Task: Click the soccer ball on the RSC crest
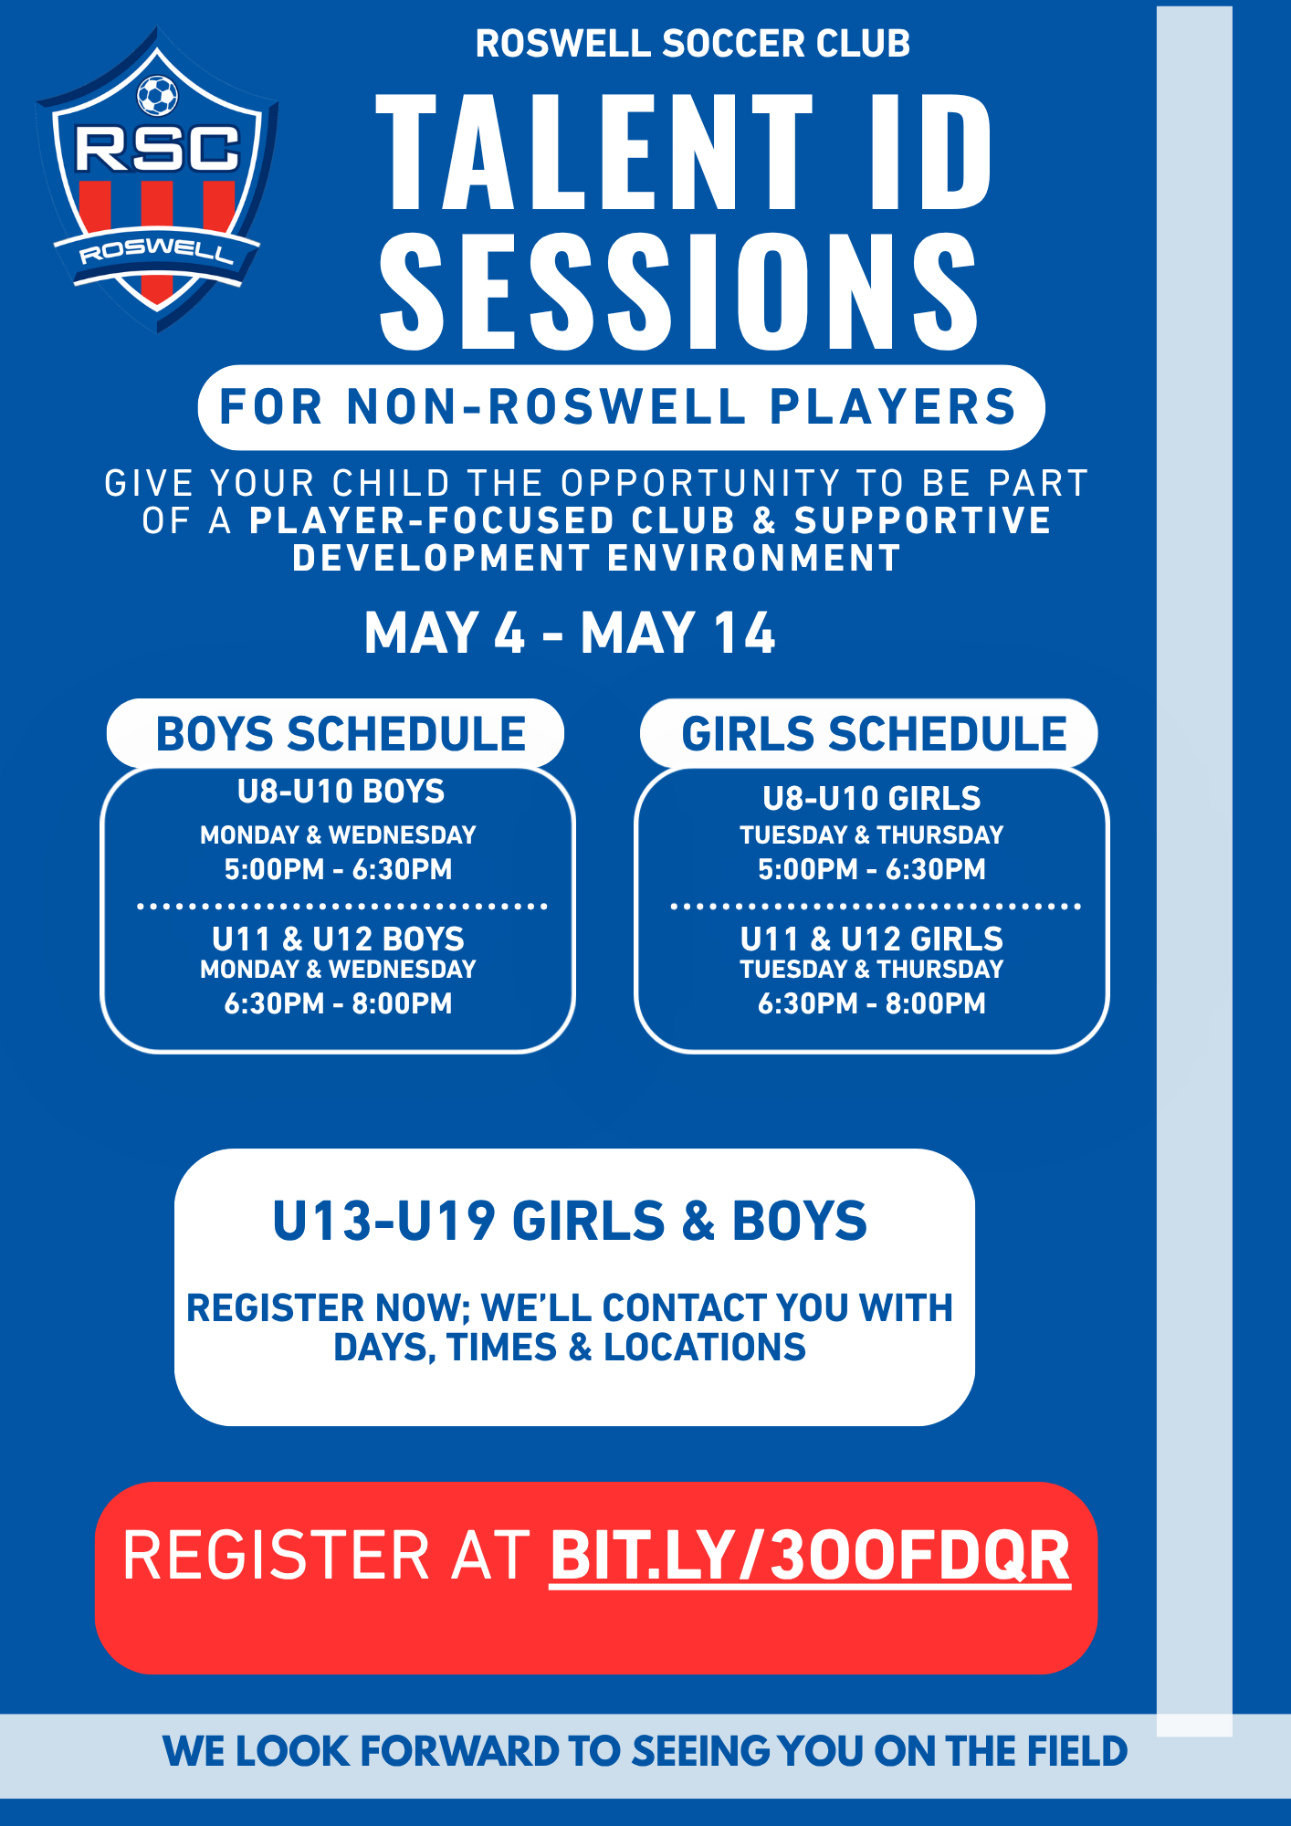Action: pyautogui.click(x=157, y=95)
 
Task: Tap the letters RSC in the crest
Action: pyautogui.click(x=157, y=149)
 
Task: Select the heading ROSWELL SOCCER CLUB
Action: pyautogui.click(x=693, y=44)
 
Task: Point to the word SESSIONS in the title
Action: pyautogui.click(x=679, y=290)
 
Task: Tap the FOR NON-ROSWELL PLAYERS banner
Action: pyautogui.click(x=621, y=407)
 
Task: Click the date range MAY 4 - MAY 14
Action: pyautogui.click(x=570, y=633)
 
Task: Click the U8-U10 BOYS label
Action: pyautogui.click(x=341, y=792)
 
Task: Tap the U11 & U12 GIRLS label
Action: pyautogui.click(x=872, y=939)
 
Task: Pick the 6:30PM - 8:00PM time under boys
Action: pyautogui.click(x=339, y=1003)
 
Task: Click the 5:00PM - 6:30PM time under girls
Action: pyautogui.click(x=872, y=869)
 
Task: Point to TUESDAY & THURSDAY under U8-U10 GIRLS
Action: pyautogui.click(x=872, y=834)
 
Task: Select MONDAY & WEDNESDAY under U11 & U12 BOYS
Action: pyautogui.click(x=339, y=969)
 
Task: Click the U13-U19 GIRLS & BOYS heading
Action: pyautogui.click(x=570, y=1221)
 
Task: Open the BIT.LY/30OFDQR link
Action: pyautogui.click(x=810, y=1556)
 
